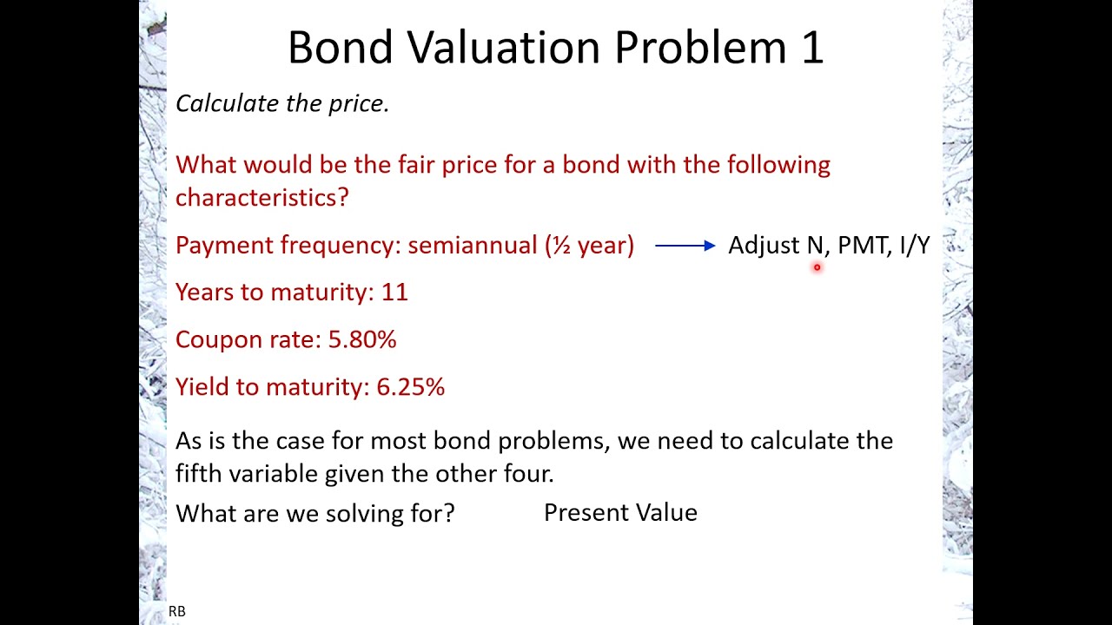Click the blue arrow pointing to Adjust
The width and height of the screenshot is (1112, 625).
coord(685,246)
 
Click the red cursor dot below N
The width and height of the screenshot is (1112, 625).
coord(817,268)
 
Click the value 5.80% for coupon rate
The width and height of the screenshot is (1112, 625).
coord(362,339)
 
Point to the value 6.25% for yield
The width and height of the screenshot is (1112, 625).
coord(410,386)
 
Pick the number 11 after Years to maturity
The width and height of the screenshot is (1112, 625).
coord(394,293)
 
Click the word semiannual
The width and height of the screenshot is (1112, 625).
coord(472,246)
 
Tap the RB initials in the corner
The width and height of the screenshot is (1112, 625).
coord(176,611)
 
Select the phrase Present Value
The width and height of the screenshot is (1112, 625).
coord(620,512)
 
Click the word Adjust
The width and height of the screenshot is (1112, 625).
coord(763,246)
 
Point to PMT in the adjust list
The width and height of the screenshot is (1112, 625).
coord(862,246)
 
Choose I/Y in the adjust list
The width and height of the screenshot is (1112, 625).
coord(915,246)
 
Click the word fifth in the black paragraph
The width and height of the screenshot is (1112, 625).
coord(199,473)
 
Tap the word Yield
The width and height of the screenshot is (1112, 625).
coord(202,386)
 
